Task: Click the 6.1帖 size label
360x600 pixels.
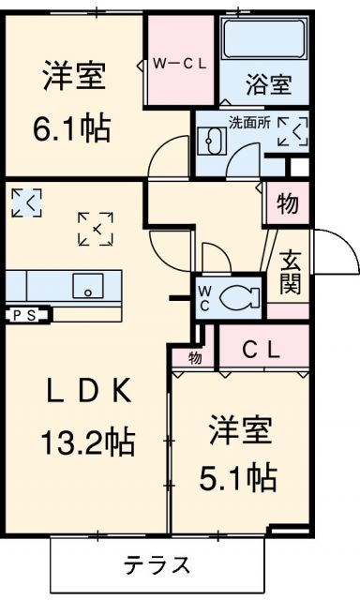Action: coord(74,127)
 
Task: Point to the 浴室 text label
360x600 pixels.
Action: coord(266,85)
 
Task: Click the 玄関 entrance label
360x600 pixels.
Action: coord(290,271)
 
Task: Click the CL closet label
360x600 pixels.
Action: coord(262,350)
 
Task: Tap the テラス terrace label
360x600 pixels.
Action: coord(157,565)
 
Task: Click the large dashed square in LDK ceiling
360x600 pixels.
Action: coord(97,228)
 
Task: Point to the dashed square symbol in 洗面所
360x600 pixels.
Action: coord(292,131)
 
